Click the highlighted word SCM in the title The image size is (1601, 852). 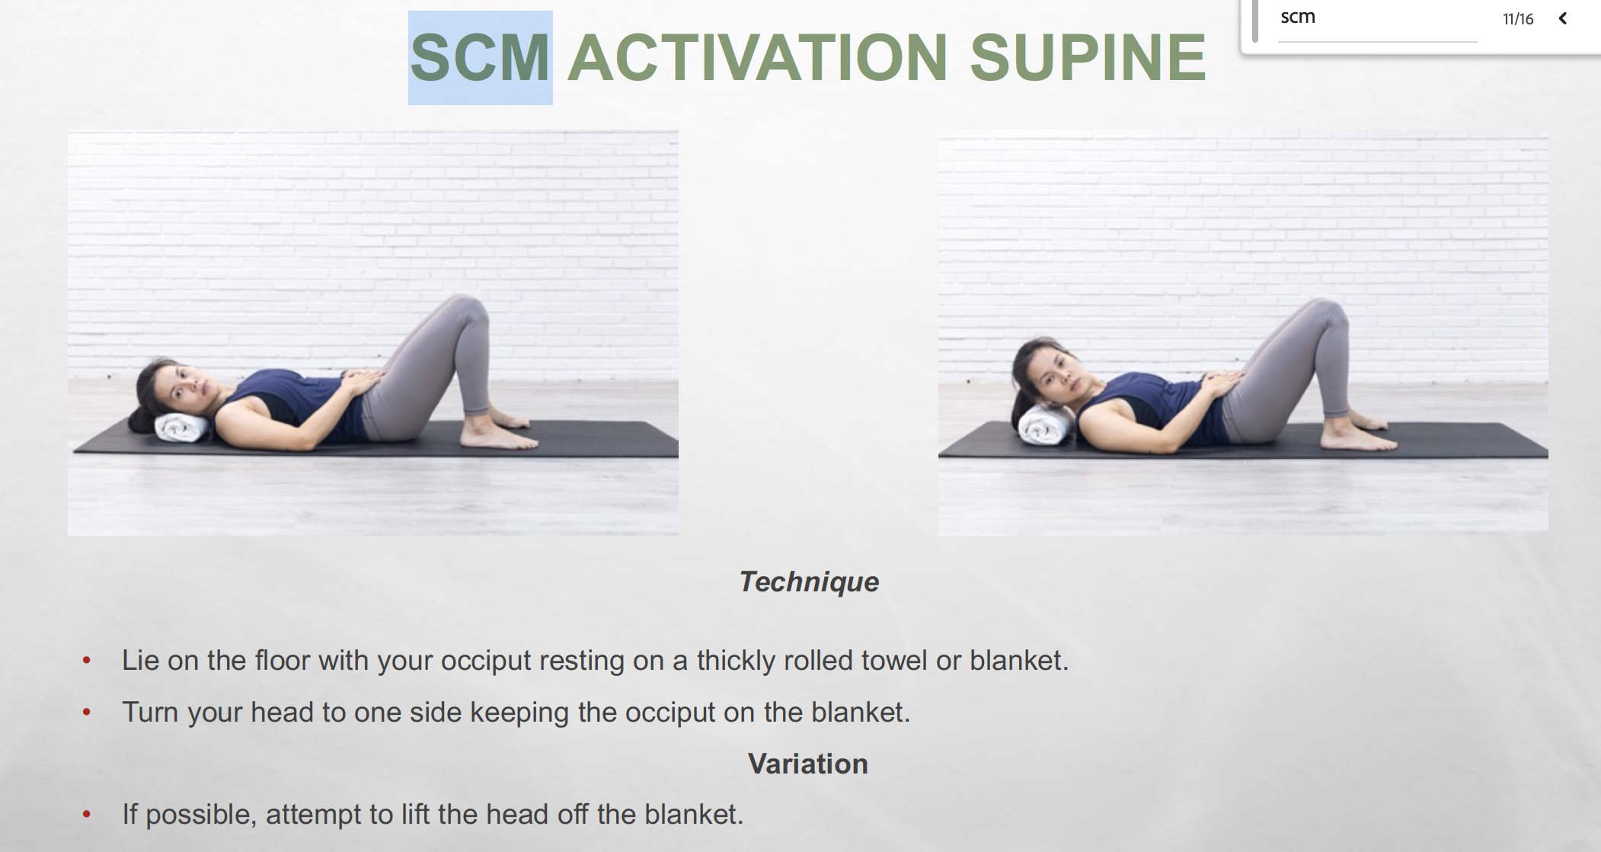(480, 57)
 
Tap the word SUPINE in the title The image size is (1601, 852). (1088, 57)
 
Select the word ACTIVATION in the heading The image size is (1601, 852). (758, 57)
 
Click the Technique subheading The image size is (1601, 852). (809, 581)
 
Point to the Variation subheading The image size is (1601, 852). (807, 764)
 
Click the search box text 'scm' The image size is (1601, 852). (1298, 17)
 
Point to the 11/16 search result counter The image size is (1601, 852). (1518, 19)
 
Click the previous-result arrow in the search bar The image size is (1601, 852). (1563, 18)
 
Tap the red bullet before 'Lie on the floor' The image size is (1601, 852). (87, 661)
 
